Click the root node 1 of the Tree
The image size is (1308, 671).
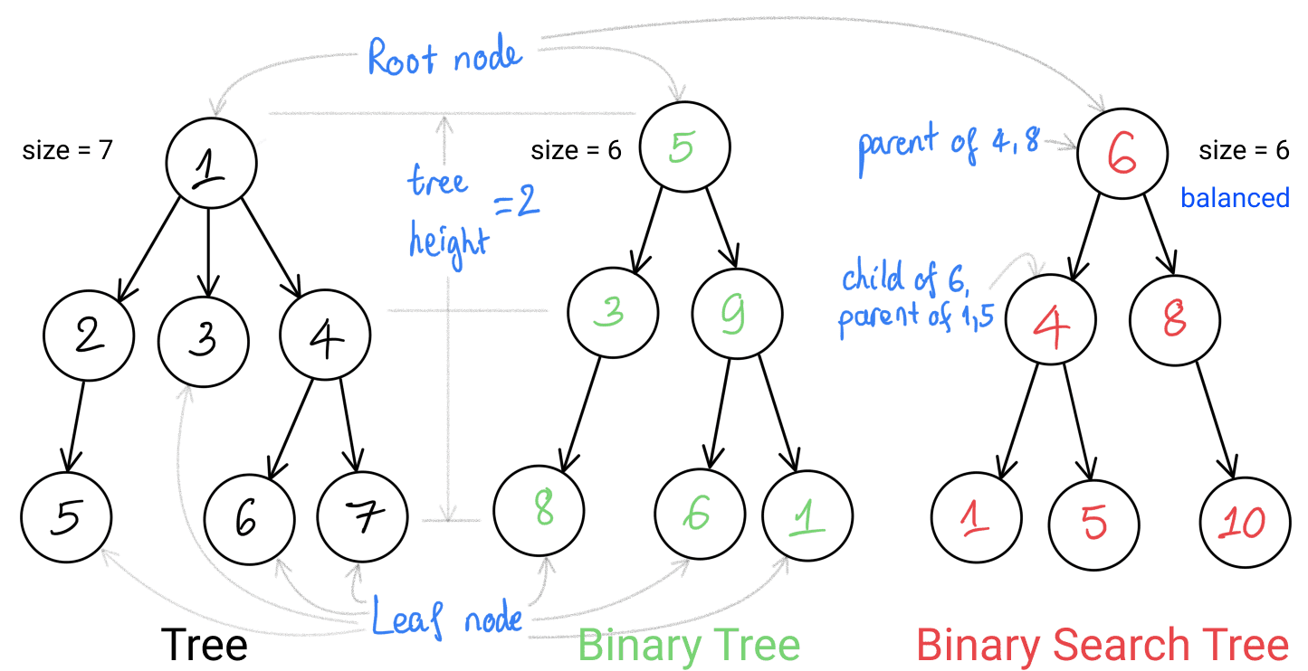(x=211, y=163)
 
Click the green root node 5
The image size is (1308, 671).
(x=685, y=148)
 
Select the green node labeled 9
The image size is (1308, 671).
(x=737, y=313)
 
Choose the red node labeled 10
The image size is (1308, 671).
(x=1245, y=522)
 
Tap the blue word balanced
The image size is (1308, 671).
(x=1236, y=198)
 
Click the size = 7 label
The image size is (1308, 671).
(x=67, y=150)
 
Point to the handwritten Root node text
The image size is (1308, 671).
(x=444, y=57)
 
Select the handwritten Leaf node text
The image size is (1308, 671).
(x=448, y=619)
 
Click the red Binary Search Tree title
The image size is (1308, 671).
(x=1102, y=646)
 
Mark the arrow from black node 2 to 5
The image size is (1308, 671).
(x=73, y=423)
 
